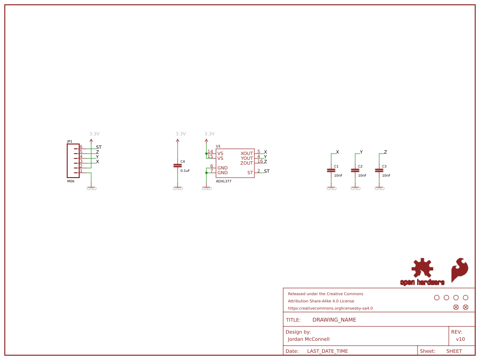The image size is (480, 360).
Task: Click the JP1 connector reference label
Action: (70, 142)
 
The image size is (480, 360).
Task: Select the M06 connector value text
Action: (71, 181)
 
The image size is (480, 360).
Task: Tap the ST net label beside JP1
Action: (99, 147)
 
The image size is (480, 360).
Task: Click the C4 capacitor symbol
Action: (178, 166)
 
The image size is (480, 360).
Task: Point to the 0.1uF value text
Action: (185, 170)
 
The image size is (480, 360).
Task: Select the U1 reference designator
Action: (218, 146)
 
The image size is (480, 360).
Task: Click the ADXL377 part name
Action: (223, 181)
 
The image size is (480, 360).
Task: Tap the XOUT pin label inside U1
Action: (247, 154)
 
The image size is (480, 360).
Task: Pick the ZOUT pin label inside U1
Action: (247, 163)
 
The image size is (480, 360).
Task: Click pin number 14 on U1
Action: (210, 152)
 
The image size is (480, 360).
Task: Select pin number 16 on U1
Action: (260, 161)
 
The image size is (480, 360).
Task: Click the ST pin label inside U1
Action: (250, 173)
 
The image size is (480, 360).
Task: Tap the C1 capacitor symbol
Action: (331, 170)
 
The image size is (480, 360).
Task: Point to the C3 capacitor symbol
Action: (379, 170)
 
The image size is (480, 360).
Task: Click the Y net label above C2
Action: (361, 152)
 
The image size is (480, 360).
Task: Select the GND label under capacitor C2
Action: (355, 189)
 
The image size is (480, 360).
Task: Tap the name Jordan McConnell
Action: (308, 339)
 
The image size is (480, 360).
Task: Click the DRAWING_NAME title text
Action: (334, 320)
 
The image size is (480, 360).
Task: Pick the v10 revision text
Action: (460, 339)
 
